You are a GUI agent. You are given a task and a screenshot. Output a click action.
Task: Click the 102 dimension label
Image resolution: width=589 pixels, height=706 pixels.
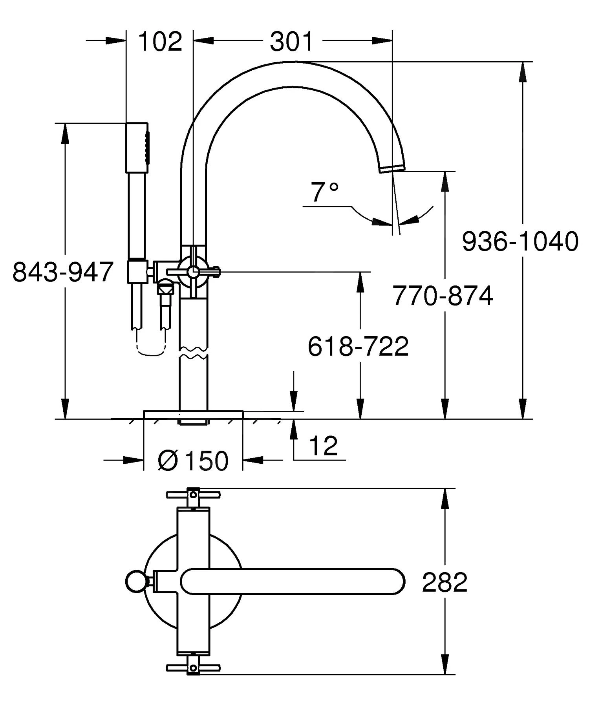[160, 41]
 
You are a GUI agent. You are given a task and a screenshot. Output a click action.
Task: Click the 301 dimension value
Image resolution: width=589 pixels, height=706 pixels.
[291, 41]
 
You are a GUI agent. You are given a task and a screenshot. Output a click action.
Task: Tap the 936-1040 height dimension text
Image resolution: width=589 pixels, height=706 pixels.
[520, 241]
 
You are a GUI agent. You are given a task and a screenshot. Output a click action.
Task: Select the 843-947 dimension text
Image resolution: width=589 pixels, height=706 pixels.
[63, 272]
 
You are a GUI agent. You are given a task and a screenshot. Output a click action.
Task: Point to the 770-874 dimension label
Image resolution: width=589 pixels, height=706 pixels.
[443, 296]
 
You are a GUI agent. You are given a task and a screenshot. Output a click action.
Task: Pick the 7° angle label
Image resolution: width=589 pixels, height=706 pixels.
[324, 192]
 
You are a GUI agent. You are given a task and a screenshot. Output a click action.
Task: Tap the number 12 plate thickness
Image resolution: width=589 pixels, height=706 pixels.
[323, 446]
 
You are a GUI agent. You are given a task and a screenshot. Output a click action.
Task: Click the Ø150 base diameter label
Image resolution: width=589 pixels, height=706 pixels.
[193, 460]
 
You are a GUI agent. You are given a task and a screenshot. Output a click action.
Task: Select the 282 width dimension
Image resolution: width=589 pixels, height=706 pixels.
[444, 582]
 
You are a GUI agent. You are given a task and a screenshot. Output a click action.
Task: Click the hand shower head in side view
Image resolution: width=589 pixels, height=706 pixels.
[137, 148]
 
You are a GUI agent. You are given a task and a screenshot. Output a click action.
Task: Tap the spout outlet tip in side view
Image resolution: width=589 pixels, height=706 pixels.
[392, 168]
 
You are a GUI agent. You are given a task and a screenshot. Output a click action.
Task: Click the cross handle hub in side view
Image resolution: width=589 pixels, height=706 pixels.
[193, 272]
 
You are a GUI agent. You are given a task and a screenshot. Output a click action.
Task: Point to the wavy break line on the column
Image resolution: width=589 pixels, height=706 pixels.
[193, 353]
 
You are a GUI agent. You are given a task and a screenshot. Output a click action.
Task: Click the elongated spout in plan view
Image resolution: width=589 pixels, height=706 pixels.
[293, 582]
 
